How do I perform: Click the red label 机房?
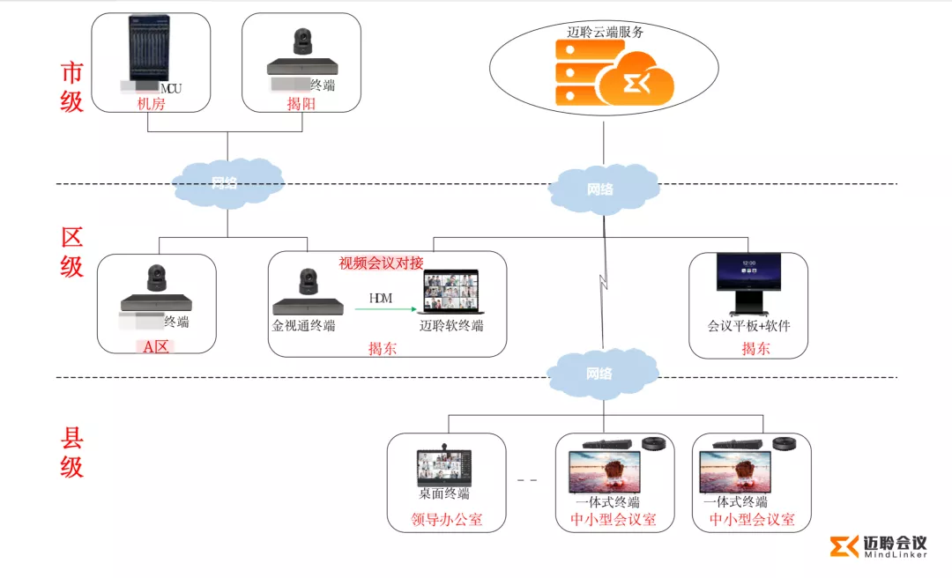(x=151, y=104)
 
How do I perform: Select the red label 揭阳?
(x=301, y=104)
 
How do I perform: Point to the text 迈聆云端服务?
(x=605, y=32)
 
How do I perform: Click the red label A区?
(x=156, y=346)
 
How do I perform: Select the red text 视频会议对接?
(x=381, y=263)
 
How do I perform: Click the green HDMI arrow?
(x=391, y=309)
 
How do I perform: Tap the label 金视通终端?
(x=304, y=326)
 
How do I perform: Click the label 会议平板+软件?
(x=748, y=326)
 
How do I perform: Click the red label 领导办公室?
(x=447, y=520)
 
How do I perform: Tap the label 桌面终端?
(x=444, y=493)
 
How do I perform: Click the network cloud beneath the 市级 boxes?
(x=226, y=184)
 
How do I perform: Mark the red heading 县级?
(x=71, y=452)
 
